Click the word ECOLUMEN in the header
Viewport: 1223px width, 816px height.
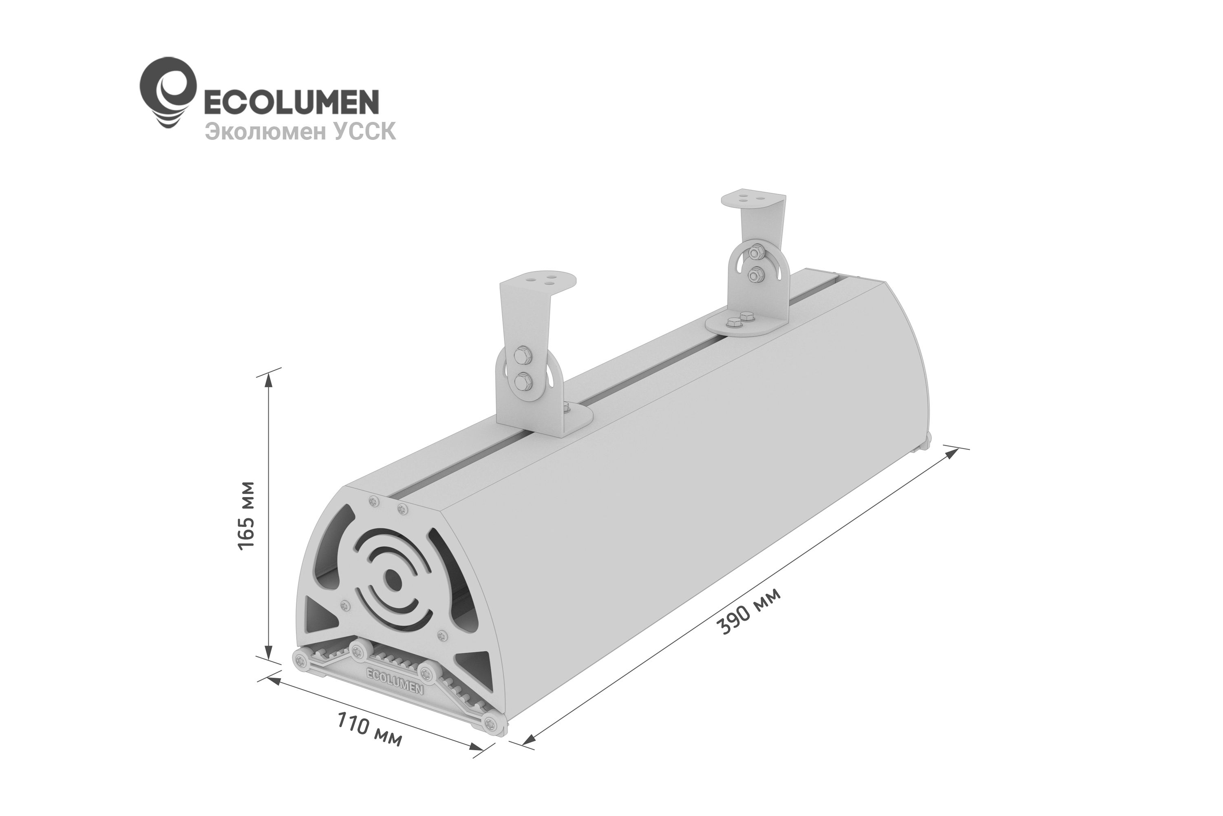click(x=290, y=102)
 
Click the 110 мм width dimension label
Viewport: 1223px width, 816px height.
click(x=369, y=729)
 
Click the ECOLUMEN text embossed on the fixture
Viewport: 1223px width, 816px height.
click(x=395, y=680)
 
